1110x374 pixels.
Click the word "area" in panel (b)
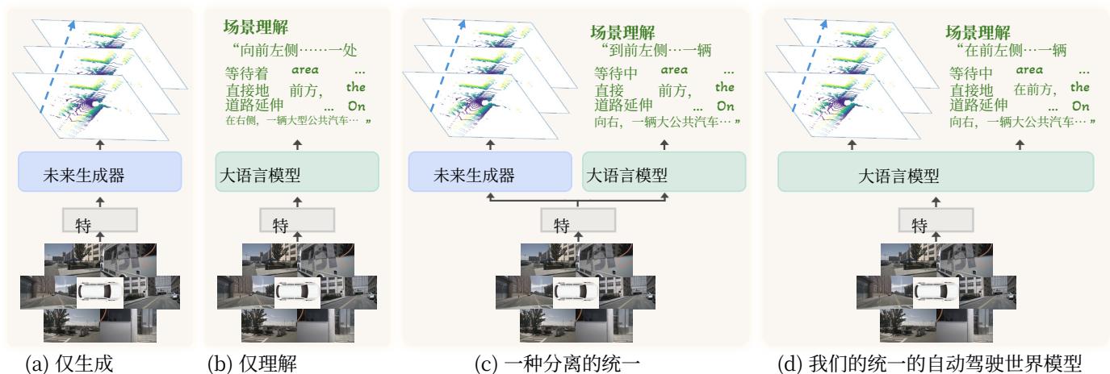pyautogui.click(x=304, y=69)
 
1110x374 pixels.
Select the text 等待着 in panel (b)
pyautogui.click(x=245, y=72)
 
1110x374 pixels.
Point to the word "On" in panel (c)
pyautogui.click(x=726, y=106)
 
